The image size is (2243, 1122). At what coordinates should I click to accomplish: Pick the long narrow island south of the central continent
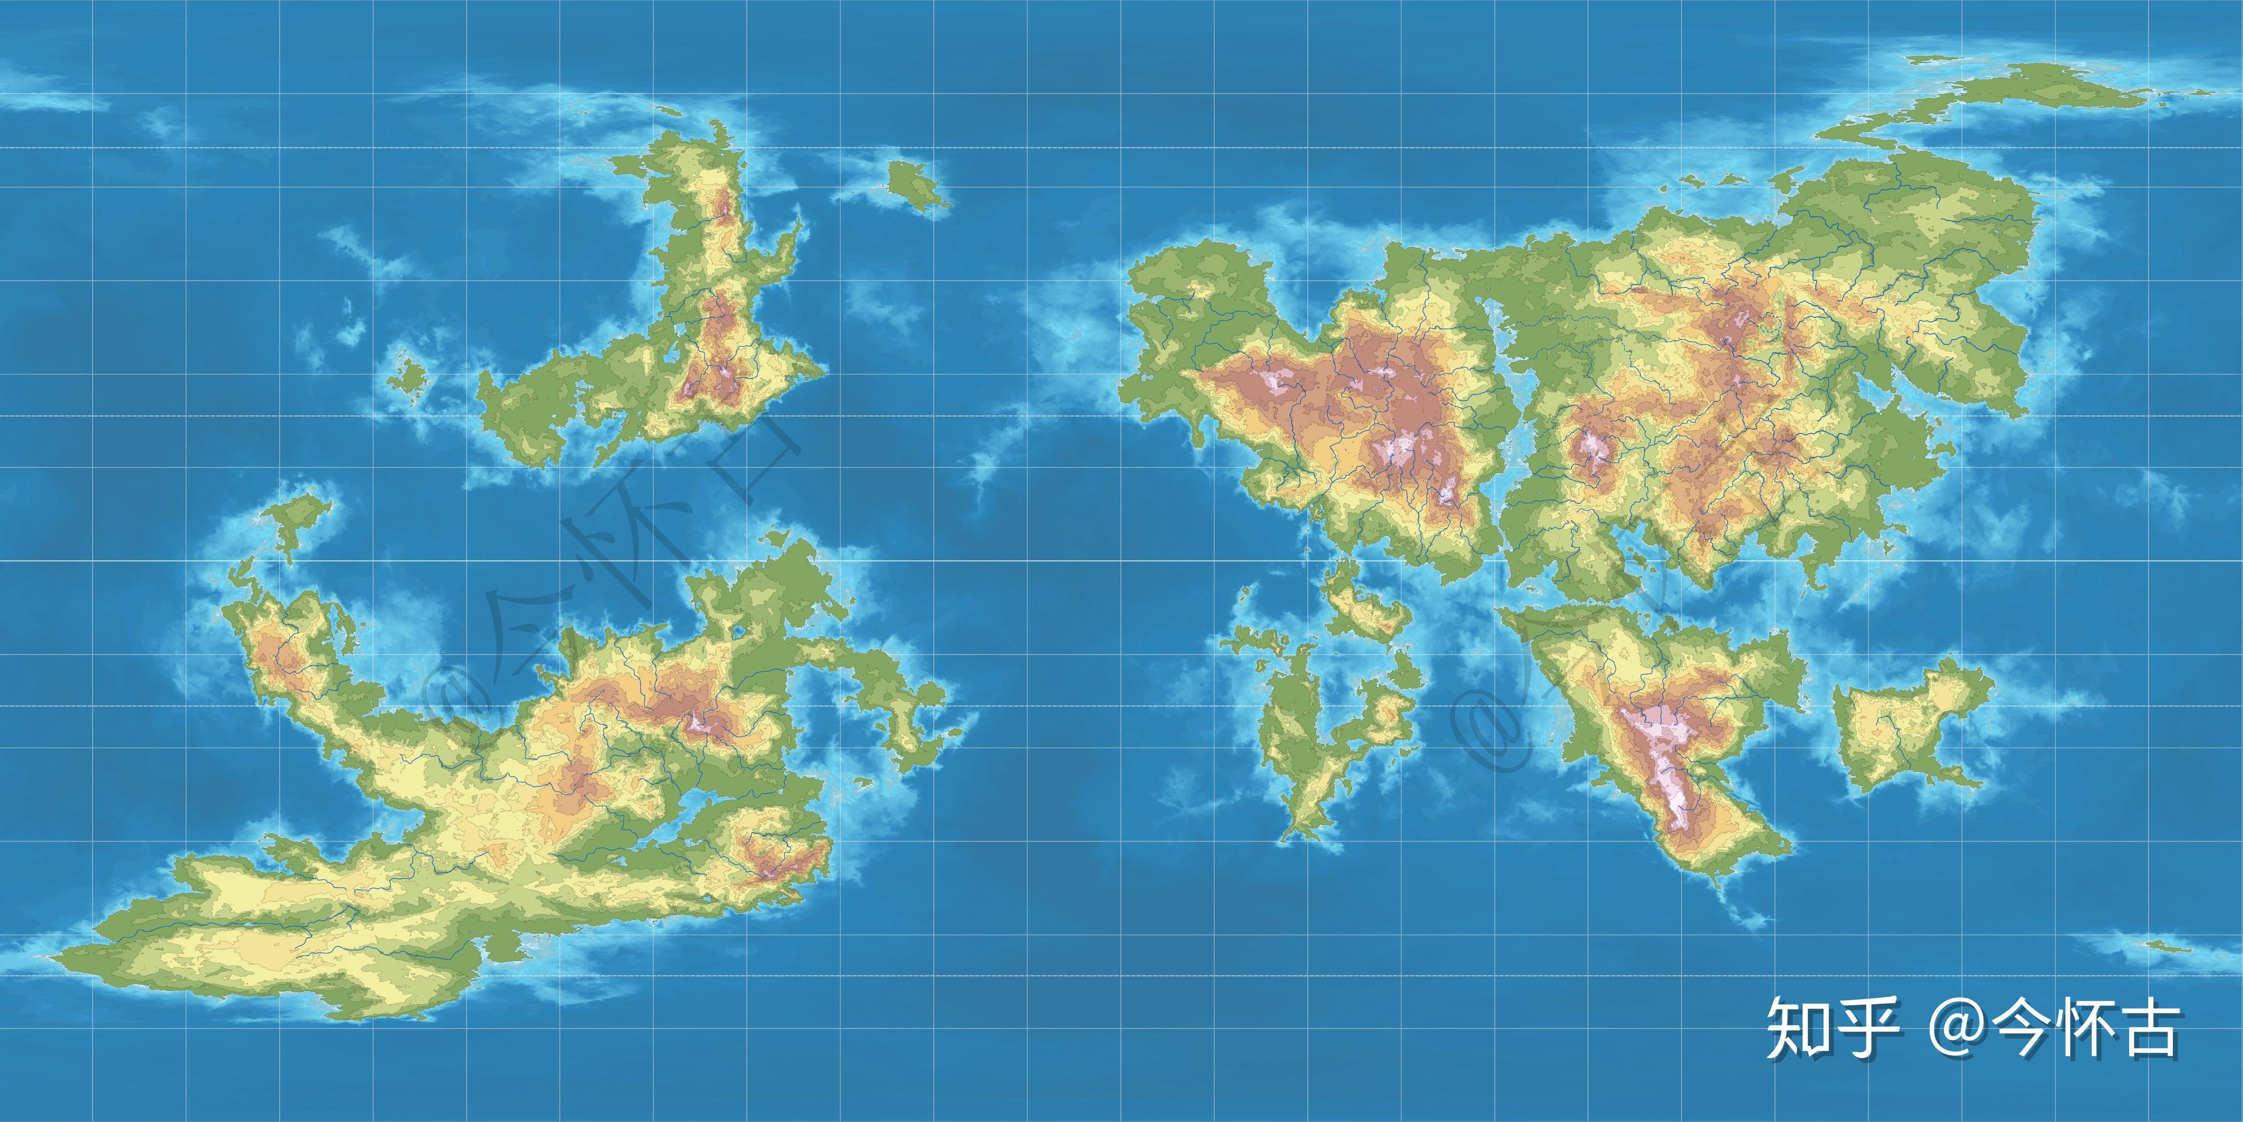point(1297,749)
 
